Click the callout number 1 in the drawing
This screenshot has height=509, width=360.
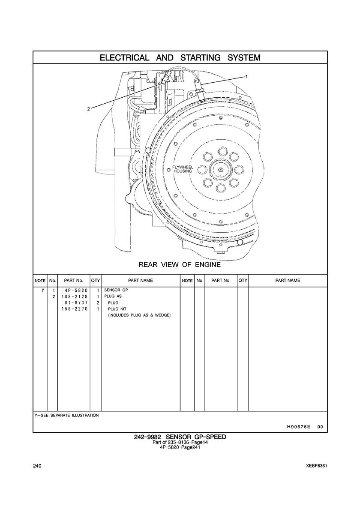(246, 77)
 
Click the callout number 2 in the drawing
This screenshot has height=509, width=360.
(88, 109)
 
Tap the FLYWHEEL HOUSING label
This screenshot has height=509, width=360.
(183, 169)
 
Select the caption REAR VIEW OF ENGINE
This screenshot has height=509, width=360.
(180, 265)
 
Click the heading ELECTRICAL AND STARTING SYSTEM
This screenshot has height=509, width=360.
(180, 57)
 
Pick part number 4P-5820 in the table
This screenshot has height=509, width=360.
(74, 290)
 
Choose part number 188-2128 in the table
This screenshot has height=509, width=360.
(74, 296)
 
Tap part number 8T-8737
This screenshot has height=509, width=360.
(74, 303)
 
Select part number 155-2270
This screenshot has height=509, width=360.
(74, 309)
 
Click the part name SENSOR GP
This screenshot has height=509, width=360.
(116, 290)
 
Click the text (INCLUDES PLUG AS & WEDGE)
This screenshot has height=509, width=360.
(139, 315)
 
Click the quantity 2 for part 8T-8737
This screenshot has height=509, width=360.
(98, 303)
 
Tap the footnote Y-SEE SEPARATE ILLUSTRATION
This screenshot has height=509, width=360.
(66, 415)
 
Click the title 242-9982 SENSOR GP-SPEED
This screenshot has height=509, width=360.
(180, 437)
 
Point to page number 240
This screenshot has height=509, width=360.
(37, 466)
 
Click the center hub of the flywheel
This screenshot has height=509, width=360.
(220, 170)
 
